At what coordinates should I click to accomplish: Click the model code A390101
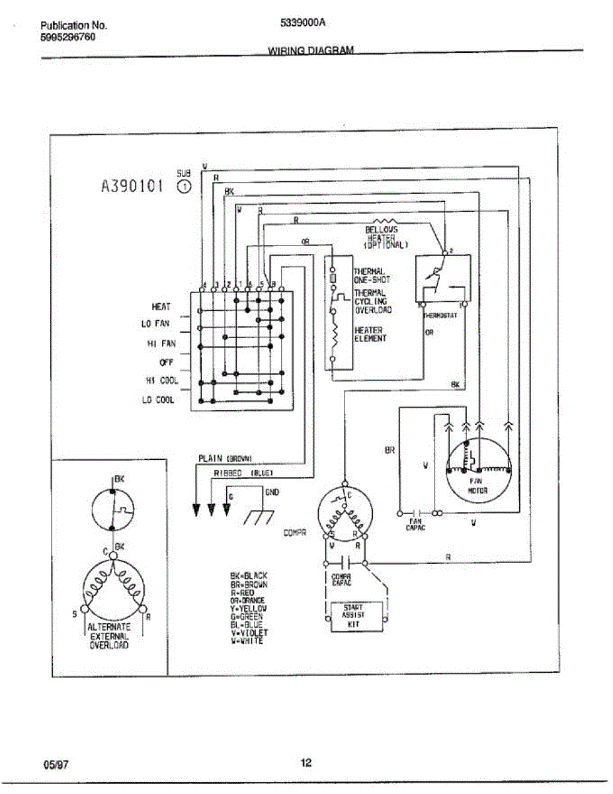(x=132, y=187)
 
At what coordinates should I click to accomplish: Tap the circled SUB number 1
(x=185, y=187)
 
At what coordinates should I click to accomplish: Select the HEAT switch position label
(x=161, y=307)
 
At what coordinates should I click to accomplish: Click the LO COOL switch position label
(x=158, y=400)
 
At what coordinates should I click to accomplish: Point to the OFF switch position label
(x=166, y=363)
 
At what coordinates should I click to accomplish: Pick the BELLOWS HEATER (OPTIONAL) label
(x=386, y=237)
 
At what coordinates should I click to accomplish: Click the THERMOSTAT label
(x=440, y=316)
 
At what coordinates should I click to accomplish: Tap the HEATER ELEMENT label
(x=370, y=334)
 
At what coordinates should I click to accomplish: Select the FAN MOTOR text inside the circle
(x=477, y=486)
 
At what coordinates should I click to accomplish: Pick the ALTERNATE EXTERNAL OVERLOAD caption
(x=110, y=635)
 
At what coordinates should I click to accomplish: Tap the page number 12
(x=306, y=762)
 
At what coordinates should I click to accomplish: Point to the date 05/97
(x=56, y=765)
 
